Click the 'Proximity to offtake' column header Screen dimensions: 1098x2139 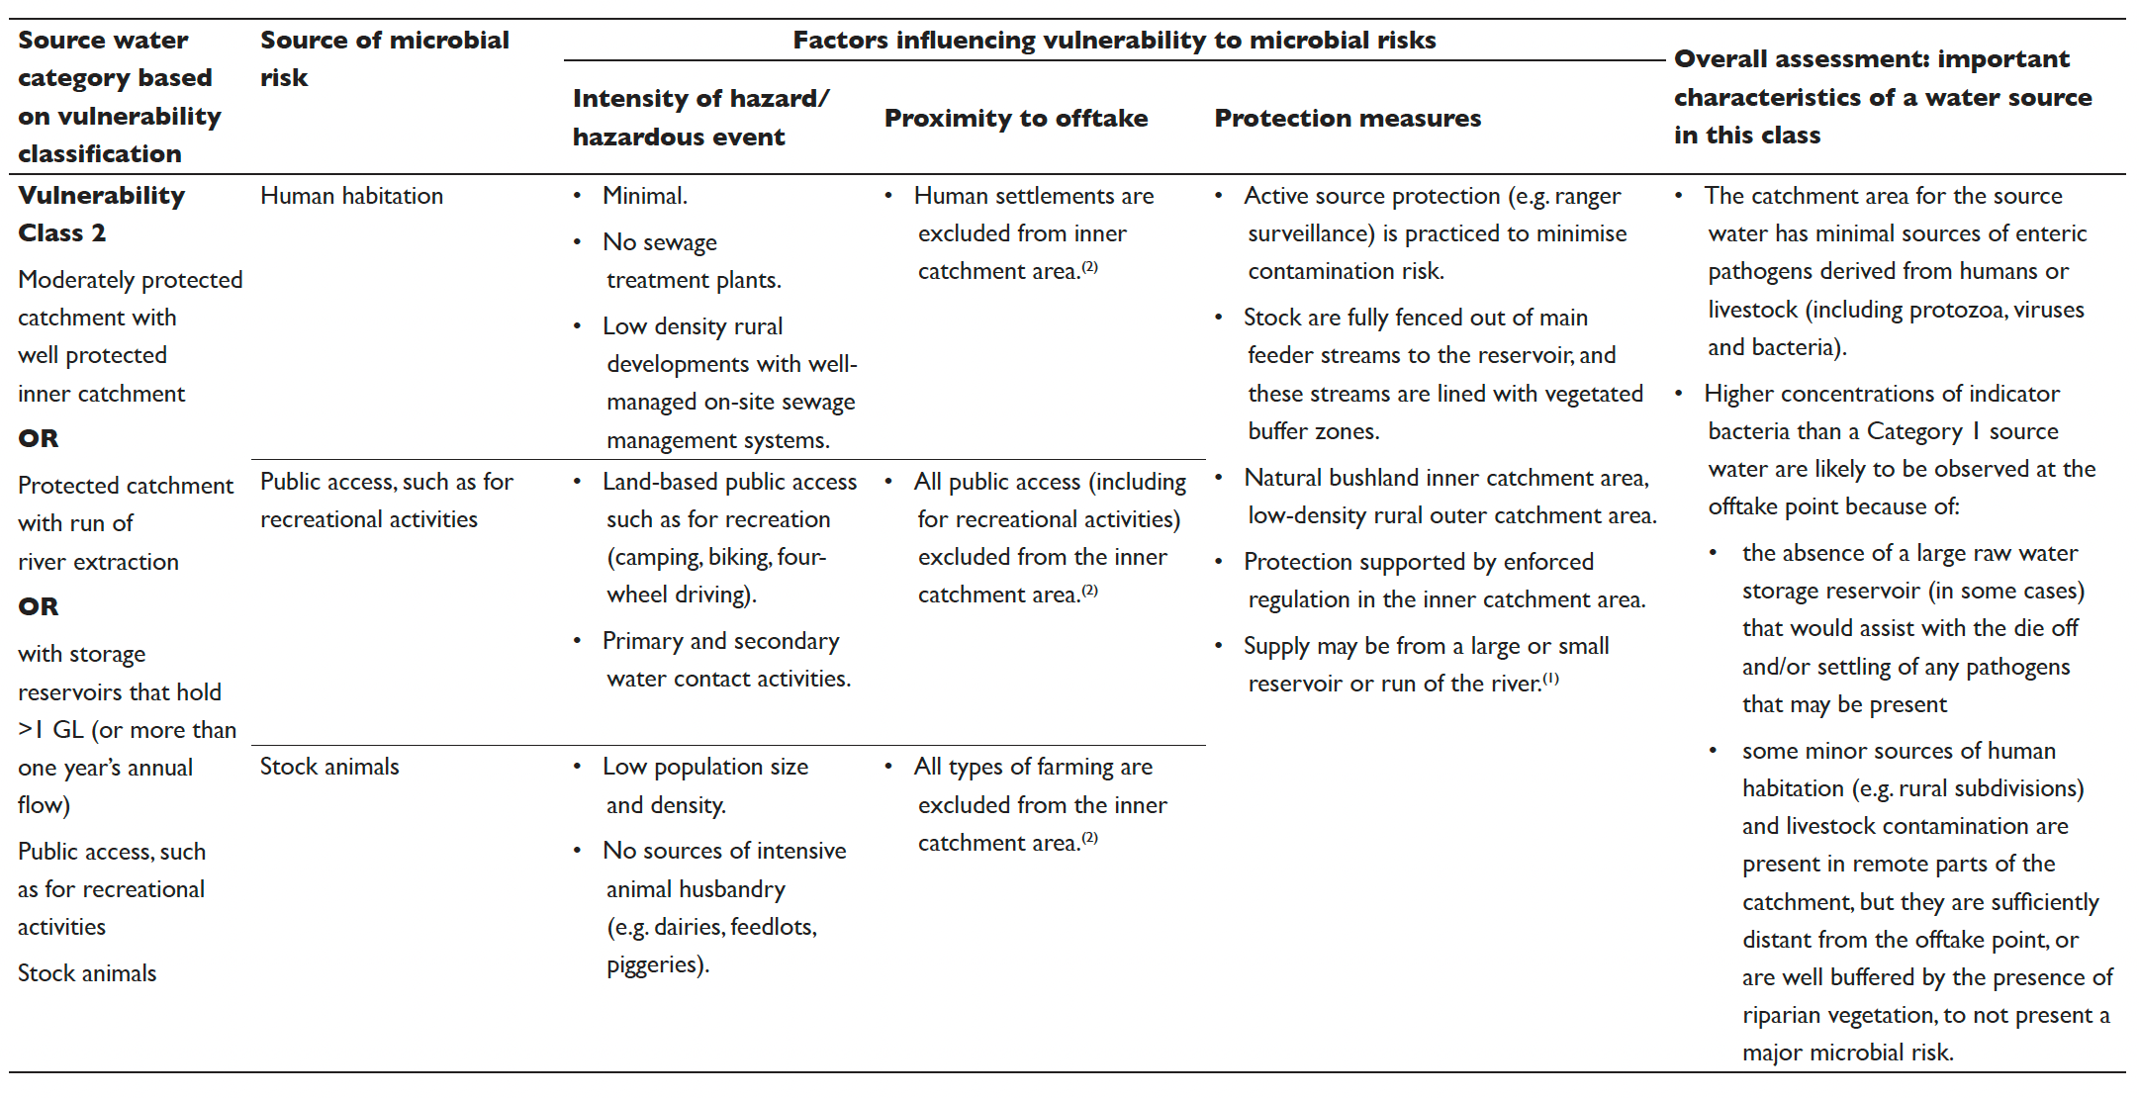coord(1015,119)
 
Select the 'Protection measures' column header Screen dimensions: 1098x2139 coord(1347,119)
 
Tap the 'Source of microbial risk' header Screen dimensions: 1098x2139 coord(384,58)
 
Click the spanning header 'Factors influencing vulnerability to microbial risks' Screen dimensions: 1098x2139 coord(1114,41)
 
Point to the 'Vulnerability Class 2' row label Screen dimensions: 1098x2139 coord(101,214)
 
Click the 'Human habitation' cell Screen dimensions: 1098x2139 coord(351,196)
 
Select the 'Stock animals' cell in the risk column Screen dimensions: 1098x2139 coord(329,767)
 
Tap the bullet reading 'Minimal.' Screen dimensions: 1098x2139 coord(644,196)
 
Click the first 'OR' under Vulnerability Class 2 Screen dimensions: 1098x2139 coord(39,438)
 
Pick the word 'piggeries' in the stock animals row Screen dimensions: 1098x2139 coord(655,965)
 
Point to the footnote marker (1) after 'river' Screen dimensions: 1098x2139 coord(1550,679)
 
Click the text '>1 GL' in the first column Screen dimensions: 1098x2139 coord(50,730)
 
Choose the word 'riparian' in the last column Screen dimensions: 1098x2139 coord(1782,1016)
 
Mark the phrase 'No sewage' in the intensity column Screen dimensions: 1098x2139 coord(659,242)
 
